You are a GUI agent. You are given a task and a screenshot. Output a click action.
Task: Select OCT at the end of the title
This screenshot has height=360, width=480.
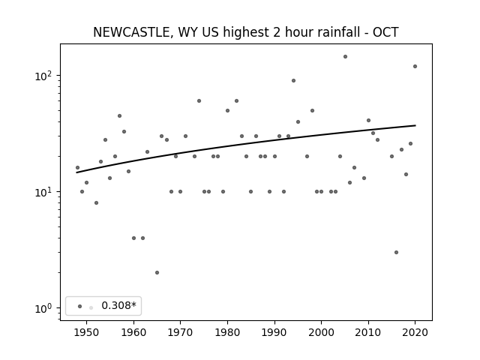pos(385,32)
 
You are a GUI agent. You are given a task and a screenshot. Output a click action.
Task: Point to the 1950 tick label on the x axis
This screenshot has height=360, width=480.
pos(87,332)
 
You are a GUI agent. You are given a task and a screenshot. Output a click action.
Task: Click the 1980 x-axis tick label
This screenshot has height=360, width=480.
pos(227,332)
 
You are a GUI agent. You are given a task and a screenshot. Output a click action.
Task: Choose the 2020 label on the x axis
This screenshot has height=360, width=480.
pos(415,332)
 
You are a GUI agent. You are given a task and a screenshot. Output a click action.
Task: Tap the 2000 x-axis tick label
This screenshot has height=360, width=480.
pos(321,332)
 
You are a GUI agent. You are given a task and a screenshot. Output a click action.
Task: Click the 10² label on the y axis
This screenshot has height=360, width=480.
pos(43,75)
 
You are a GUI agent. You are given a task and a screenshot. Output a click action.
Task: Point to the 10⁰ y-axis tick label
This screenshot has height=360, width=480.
pos(43,307)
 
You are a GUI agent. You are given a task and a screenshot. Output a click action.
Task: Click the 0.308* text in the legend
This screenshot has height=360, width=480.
pos(118,305)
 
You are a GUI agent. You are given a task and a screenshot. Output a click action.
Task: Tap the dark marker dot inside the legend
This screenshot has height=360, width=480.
pos(80,306)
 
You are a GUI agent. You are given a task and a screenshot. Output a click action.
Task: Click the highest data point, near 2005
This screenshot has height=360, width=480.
pos(345,57)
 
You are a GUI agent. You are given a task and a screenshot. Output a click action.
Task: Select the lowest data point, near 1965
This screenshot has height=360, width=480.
pos(157,272)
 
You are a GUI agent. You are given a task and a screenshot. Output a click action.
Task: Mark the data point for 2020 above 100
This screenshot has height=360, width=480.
pos(415,67)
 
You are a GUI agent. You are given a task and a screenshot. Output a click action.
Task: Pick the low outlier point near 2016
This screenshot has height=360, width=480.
pos(397,252)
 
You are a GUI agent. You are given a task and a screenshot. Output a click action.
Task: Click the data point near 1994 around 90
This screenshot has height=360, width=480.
pos(293,81)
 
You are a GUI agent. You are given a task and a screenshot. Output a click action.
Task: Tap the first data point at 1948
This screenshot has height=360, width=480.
pos(77,167)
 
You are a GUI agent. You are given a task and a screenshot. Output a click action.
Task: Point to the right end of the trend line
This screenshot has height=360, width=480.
pos(415,125)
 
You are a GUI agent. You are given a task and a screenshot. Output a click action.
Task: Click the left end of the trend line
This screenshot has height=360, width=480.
pos(76,172)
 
